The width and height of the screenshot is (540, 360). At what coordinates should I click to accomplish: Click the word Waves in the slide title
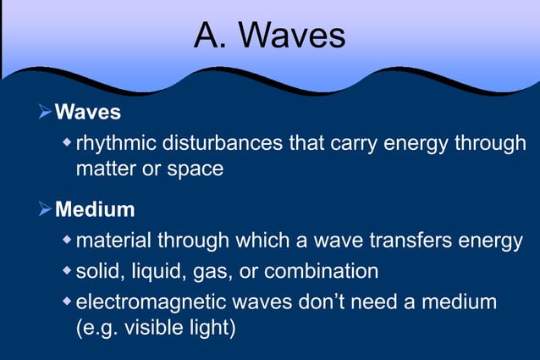[x=294, y=36]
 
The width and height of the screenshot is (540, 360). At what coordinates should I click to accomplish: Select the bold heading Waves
[x=88, y=112]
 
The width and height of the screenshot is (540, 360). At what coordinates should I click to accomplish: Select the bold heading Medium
[x=95, y=208]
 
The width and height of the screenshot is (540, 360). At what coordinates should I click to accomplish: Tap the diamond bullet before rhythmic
[x=68, y=141]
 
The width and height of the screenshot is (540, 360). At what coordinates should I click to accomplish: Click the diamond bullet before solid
[x=68, y=271]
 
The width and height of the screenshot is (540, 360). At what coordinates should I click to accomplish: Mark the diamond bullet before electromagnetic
[x=68, y=301]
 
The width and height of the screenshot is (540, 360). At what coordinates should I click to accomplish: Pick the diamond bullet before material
[x=68, y=241]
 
